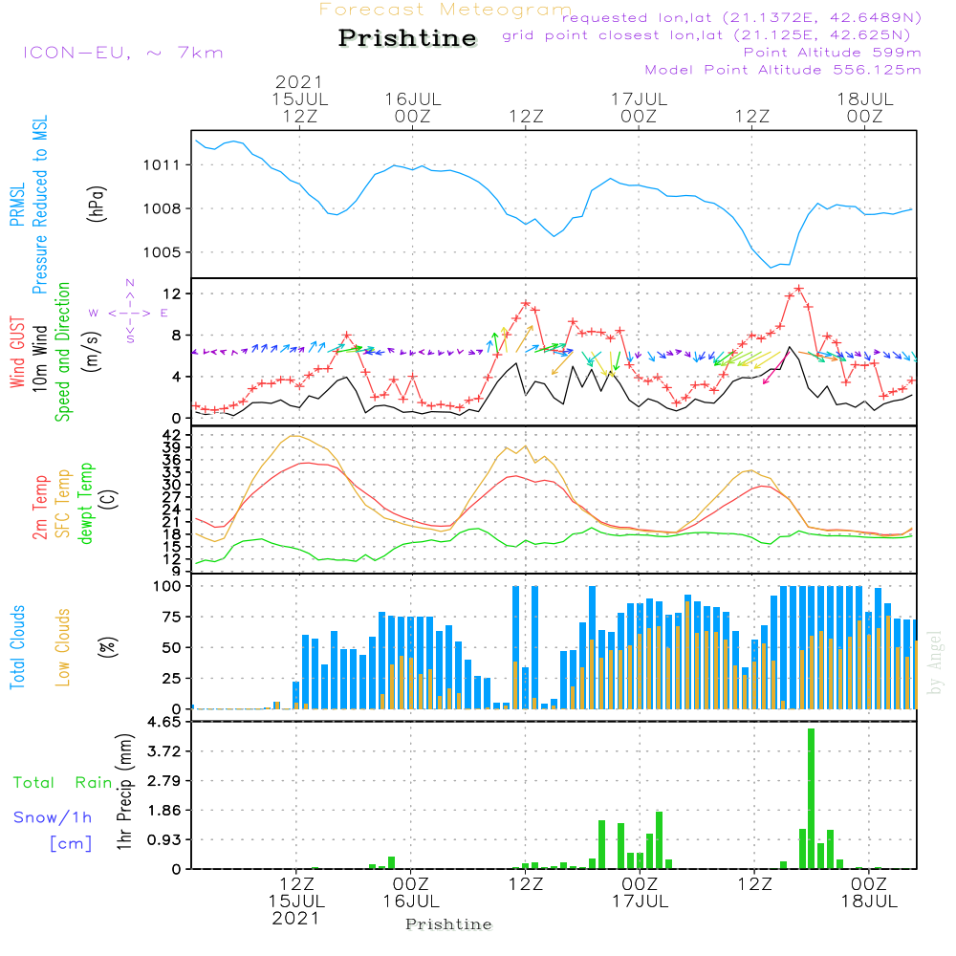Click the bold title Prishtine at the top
tap(407, 38)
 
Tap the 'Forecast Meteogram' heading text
tap(445, 10)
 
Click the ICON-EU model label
tap(122, 52)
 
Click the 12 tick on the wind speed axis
tap(176, 293)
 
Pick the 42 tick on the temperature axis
tap(176, 436)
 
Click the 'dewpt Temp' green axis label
tap(87, 504)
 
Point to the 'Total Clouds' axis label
tap(17, 647)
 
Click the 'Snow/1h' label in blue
tap(53, 817)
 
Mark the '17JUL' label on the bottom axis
tap(639, 902)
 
